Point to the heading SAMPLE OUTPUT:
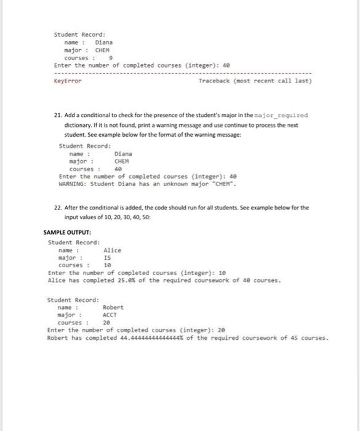[x=68, y=233]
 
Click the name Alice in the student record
[x=113, y=250]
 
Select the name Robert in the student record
[x=113, y=307]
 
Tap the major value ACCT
[x=111, y=315]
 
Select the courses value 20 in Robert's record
[x=106, y=323]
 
